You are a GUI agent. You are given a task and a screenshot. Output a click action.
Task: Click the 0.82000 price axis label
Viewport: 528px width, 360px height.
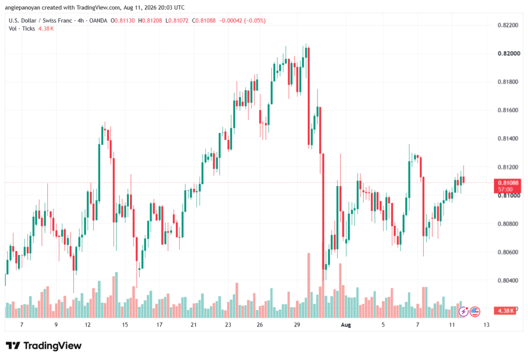click(x=509, y=54)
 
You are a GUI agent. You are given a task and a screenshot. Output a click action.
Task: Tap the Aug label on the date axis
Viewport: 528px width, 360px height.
click(x=346, y=325)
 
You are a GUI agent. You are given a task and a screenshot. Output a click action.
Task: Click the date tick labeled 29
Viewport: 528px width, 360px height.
click(x=296, y=325)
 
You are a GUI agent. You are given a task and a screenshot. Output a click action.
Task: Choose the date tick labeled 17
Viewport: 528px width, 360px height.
click(x=159, y=325)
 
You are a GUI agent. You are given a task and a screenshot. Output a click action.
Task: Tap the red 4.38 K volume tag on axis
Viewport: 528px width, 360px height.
click(x=505, y=311)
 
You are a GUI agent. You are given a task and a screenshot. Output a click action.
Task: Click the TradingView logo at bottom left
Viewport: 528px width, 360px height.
click(x=44, y=346)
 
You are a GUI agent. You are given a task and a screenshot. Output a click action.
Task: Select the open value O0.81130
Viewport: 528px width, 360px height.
click(x=123, y=21)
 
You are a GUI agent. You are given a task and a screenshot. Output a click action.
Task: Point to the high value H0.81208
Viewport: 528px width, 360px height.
click(x=150, y=21)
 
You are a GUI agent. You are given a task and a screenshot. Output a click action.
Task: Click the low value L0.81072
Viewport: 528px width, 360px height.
click(x=177, y=21)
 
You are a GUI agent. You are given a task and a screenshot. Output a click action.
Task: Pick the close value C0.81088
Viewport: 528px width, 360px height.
click(x=204, y=21)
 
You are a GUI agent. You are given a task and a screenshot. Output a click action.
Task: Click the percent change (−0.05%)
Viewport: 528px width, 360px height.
click(x=255, y=21)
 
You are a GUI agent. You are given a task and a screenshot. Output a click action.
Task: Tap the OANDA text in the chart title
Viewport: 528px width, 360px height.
click(x=98, y=21)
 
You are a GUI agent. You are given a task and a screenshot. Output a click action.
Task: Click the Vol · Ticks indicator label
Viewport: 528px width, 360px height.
click(x=22, y=29)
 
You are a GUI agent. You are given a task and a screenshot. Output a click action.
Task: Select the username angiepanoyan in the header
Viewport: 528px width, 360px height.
click(x=23, y=7)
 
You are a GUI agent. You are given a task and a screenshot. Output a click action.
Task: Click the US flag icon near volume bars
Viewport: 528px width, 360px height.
click(x=475, y=312)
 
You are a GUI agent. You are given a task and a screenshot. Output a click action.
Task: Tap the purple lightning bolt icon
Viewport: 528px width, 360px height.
click(x=464, y=312)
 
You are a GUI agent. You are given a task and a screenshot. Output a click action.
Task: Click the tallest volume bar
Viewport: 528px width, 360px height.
click(x=308, y=285)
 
